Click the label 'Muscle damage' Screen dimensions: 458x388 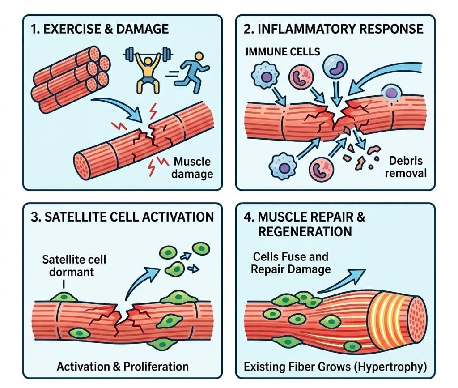point(192,168)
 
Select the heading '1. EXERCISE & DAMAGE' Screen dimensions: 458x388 point(100,29)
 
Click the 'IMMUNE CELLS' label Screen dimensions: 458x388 point(283,52)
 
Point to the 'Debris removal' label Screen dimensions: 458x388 point(406,167)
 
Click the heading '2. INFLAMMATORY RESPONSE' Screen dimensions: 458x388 point(333,29)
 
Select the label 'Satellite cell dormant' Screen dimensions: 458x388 point(74,265)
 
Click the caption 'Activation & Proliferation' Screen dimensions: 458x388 point(123,367)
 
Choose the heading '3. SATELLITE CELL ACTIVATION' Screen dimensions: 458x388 point(123,217)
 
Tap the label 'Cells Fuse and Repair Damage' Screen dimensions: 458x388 point(291,263)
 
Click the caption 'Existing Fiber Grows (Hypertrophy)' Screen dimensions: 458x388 point(335,367)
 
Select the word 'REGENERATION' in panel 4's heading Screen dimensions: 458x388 point(305,232)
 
